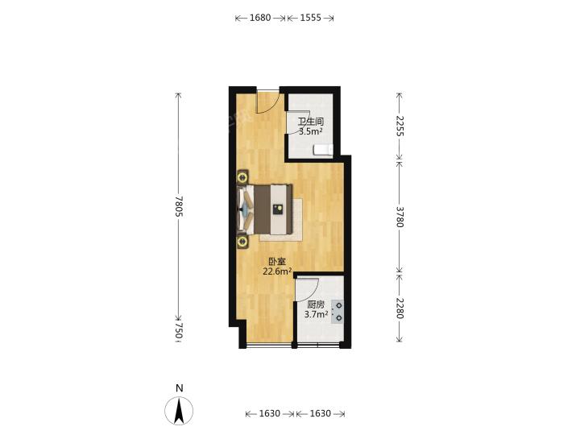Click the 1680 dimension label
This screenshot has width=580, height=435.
click(x=260, y=18)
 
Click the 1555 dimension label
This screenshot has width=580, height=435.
click(x=310, y=18)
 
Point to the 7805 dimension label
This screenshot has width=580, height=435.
click(x=179, y=206)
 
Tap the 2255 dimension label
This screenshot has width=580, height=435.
click(x=400, y=126)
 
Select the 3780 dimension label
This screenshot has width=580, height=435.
click(x=400, y=217)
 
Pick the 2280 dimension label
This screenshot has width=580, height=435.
click(x=400, y=308)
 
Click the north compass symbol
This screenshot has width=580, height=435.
click(x=179, y=411)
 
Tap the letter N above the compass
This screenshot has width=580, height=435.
click(x=180, y=388)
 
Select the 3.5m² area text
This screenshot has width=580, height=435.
click(x=311, y=131)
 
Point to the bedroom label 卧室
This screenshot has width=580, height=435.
click(x=277, y=262)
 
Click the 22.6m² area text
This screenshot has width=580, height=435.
click(x=277, y=272)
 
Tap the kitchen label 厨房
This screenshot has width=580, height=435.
click(x=316, y=304)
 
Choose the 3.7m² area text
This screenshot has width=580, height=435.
click(x=316, y=314)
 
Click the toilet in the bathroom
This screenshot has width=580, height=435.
click(x=324, y=150)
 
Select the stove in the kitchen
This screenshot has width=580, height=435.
click(x=338, y=312)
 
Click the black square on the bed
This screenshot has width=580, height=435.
click(x=278, y=209)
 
